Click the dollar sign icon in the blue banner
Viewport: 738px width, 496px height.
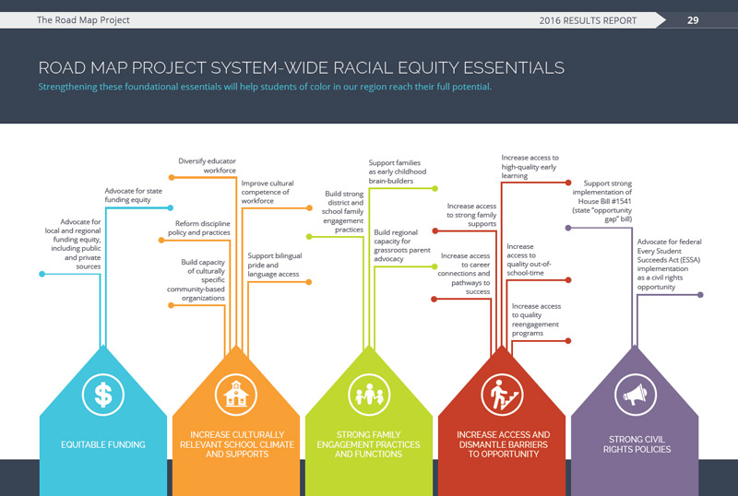[103, 395]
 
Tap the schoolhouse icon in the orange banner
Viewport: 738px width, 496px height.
[236, 395]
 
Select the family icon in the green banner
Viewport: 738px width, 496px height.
[369, 395]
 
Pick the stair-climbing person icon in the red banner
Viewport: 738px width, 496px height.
[502, 395]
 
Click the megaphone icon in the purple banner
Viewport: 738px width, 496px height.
[636, 395]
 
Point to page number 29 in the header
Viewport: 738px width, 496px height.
[693, 20]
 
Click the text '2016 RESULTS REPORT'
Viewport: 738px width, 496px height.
[588, 20]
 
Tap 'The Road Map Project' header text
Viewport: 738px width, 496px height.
[83, 19]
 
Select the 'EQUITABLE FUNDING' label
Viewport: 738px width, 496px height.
[103, 444]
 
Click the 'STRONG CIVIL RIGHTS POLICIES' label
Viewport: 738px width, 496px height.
[637, 444]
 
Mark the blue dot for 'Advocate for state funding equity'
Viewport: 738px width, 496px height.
[171, 207]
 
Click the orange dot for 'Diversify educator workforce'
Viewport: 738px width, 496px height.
[172, 177]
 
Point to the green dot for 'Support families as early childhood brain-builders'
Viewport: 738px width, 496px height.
[434, 189]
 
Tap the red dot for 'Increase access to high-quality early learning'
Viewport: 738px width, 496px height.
[568, 183]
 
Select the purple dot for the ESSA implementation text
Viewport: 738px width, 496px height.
[700, 295]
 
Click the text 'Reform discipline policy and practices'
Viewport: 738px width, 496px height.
[199, 228]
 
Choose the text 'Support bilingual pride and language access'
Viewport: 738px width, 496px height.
[275, 265]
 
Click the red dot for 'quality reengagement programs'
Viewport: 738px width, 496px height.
[568, 341]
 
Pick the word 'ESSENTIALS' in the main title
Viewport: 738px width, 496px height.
[514, 68]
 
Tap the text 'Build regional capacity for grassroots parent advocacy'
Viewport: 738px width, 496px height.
[402, 245]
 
